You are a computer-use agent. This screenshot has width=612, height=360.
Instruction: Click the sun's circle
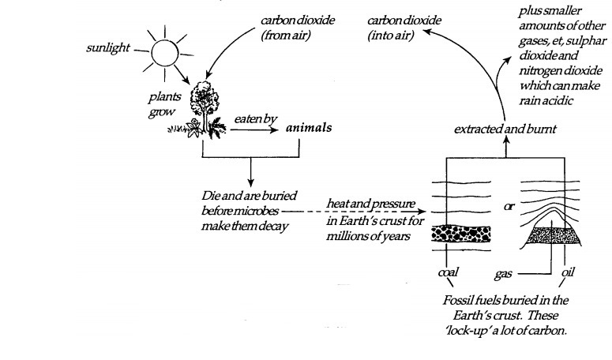pyautogui.click(x=167, y=53)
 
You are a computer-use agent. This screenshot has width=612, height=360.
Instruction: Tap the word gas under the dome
pyautogui.click(x=503, y=273)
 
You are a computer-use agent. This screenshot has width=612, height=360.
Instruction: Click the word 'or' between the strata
pyautogui.click(x=510, y=207)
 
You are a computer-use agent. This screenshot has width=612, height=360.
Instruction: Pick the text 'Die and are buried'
pyautogui.click(x=236, y=194)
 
